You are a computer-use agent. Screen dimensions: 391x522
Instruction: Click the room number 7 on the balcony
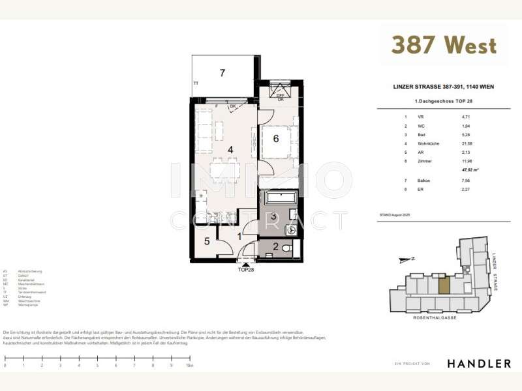tap(223, 73)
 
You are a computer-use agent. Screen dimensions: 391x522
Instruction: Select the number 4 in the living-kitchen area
tap(230, 149)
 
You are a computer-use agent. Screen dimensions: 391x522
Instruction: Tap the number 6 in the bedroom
tap(276, 138)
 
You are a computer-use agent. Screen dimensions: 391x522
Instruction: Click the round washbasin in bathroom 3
tap(291, 229)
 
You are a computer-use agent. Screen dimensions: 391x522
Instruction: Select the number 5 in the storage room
tap(206, 242)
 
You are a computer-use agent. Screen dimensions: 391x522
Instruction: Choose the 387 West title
tap(444, 45)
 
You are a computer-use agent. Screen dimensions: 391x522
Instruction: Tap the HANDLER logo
tap(478, 363)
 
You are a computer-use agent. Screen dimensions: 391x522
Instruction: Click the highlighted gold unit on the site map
tap(444, 285)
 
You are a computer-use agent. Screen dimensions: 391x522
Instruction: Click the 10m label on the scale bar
tap(189, 366)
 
